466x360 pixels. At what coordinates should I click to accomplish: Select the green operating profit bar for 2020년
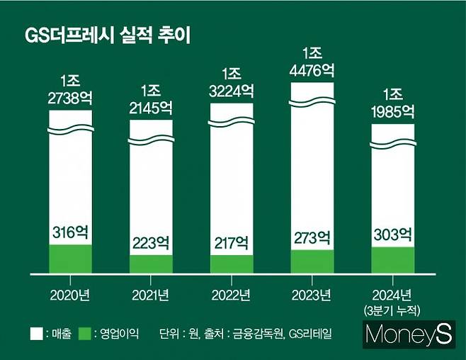tap(70, 259)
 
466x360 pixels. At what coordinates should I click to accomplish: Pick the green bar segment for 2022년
tap(232, 264)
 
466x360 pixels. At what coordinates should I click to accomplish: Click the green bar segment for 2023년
tap(312, 261)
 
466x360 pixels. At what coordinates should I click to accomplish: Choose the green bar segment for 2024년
tap(393, 260)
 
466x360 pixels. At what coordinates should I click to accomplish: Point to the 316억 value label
tap(70, 232)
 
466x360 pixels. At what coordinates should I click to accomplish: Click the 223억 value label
tap(151, 242)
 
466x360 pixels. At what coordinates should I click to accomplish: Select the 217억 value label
tap(232, 242)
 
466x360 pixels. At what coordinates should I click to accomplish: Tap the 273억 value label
tap(312, 237)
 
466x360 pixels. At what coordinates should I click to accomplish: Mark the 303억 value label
tap(393, 235)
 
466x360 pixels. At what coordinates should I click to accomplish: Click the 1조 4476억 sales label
tap(312, 62)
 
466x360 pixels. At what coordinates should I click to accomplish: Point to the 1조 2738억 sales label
tap(70, 90)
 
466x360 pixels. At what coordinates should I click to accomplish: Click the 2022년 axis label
tap(232, 294)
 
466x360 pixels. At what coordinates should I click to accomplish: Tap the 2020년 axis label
tap(70, 294)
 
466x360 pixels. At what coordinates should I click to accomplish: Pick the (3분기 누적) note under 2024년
tap(393, 309)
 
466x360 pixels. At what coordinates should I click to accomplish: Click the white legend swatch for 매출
tap(33, 332)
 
